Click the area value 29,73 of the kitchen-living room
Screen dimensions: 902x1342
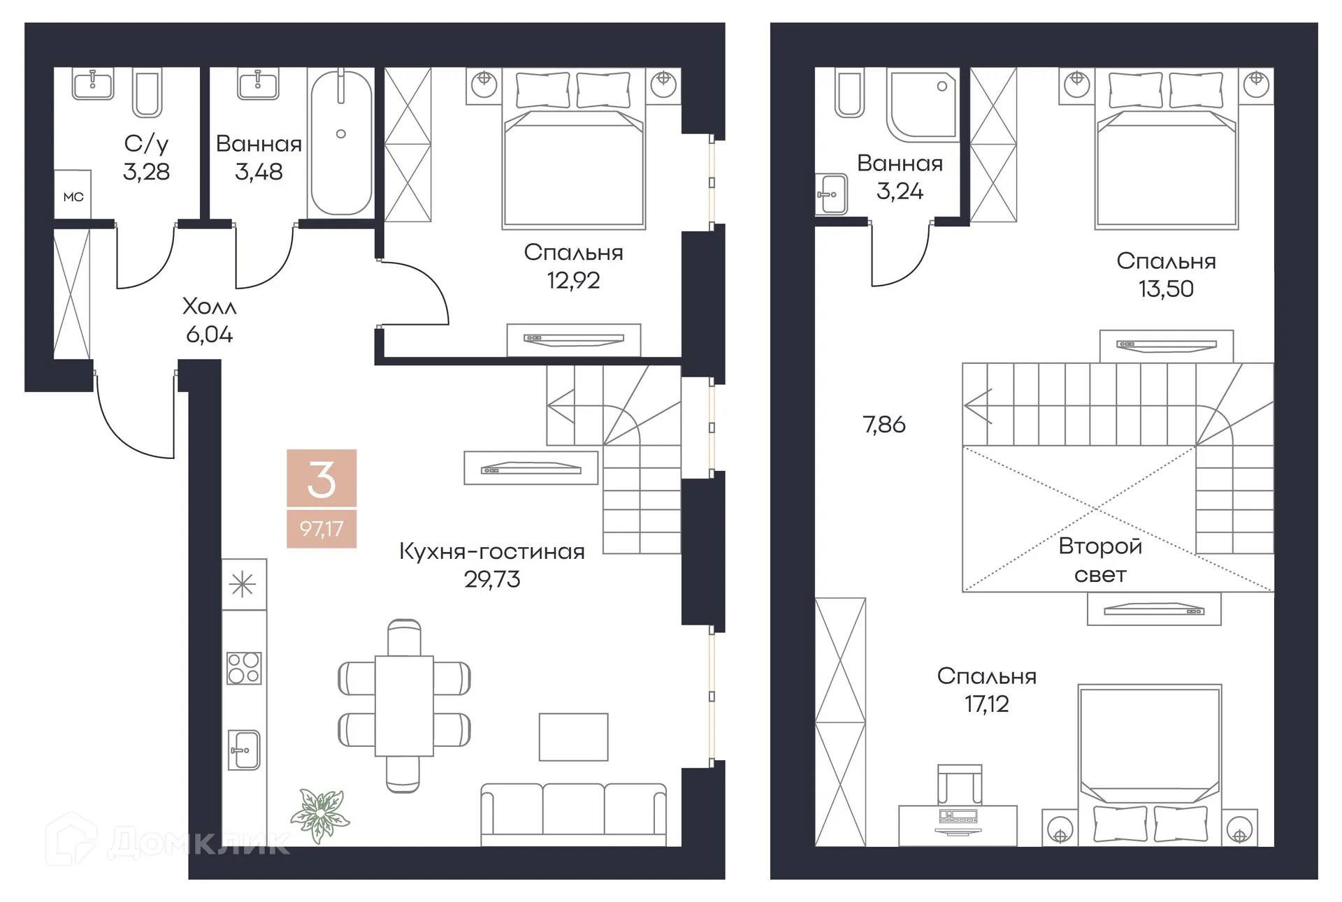[x=492, y=579]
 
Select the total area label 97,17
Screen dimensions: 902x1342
[x=322, y=528]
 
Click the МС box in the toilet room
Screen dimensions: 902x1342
[x=73, y=197]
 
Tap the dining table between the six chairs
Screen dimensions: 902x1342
[x=404, y=706]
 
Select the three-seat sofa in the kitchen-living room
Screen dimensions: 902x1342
[x=573, y=814]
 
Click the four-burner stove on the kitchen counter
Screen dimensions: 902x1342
[x=244, y=667]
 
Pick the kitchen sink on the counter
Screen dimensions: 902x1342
[x=244, y=750]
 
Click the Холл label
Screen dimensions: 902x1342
[x=209, y=306]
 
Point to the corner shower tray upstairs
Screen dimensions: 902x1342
[x=921, y=103]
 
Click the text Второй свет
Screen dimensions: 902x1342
[x=1099, y=560]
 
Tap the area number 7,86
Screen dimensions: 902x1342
[x=884, y=425]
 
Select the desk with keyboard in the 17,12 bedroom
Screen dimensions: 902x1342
[x=958, y=824]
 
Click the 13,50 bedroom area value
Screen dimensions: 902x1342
[x=1166, y=289]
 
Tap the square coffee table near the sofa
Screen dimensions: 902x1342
[x=573, y=736]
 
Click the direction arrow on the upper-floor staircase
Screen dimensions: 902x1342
[x=977, y=405]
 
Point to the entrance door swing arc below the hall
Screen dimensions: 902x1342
[x=133, y=426]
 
